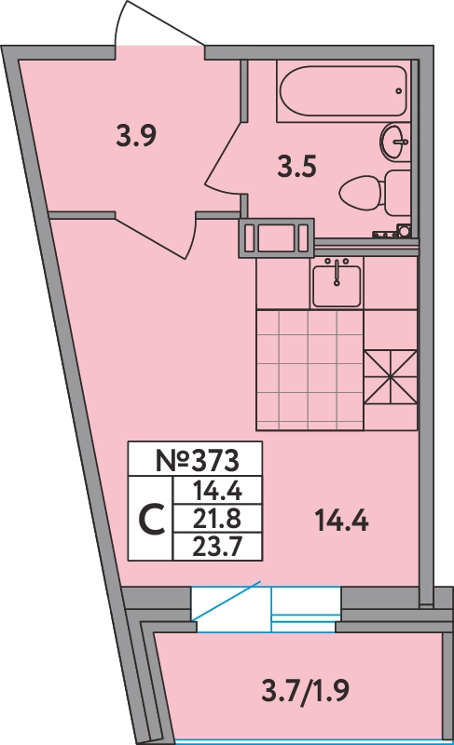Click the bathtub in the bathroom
[x=343, y=90]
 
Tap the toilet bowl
[x=361, y=194]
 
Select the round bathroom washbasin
[x=394, y=142]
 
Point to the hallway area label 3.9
[x=136, y=136]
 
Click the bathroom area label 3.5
[x=296, y=168]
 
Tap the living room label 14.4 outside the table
[x=342, y=521]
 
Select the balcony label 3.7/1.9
[x=305, y=690]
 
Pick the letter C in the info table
[x=152, y=520]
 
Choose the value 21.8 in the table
[x=217, y=519]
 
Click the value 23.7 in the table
[x=217, y=548]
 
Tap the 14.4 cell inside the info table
[x=217, y=491]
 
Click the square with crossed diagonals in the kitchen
[x=391, y=377]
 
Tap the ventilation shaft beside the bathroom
[x=276, y=237]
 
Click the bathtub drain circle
[x=398, y=90]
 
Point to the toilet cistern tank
[x=397, y=194]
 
